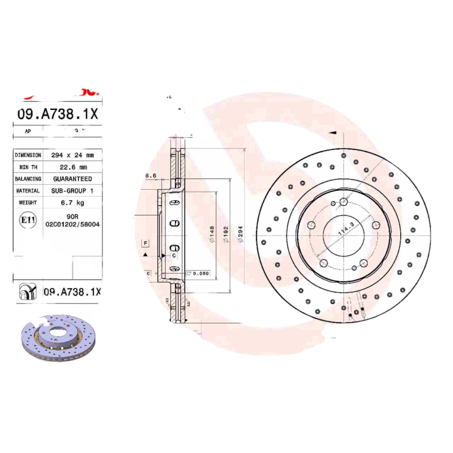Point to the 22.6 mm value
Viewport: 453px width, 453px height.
click(74, 167)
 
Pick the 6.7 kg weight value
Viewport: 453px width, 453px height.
click(74, 203)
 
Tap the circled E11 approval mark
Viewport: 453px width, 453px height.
click(26, 220)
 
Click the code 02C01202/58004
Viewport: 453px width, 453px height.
click(72, 224)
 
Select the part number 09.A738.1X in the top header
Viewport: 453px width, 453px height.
click(58, 113)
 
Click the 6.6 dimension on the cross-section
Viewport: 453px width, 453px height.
click(151, 176)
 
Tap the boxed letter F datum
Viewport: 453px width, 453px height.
click(146, 243)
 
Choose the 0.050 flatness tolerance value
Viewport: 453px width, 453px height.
click(200, 273)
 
